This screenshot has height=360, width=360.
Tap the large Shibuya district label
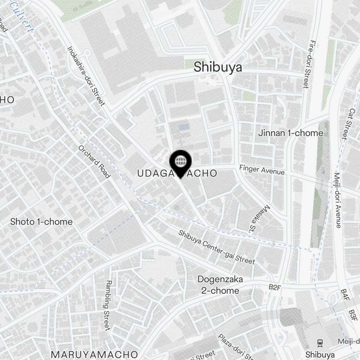tap(218, 67)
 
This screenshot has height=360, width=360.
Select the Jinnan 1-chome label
tap(291, 133)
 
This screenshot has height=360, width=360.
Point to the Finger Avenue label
tap(262, 170)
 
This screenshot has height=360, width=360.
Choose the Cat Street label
tap(345, 125)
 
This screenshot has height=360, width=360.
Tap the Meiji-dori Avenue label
tap(338, 200)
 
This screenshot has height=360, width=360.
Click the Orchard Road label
tap(94, 162)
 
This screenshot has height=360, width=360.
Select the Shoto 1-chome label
tap(41, 222)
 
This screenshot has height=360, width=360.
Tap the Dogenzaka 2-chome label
tap(220, 285)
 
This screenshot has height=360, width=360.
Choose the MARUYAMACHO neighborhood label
tap(94, 354)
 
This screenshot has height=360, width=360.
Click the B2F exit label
tap(275, 287)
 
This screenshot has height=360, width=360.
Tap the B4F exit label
tap(345, 295)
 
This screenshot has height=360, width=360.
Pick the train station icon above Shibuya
tap(319, 343)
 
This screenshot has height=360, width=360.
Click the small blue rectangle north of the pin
tap(183, 127)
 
